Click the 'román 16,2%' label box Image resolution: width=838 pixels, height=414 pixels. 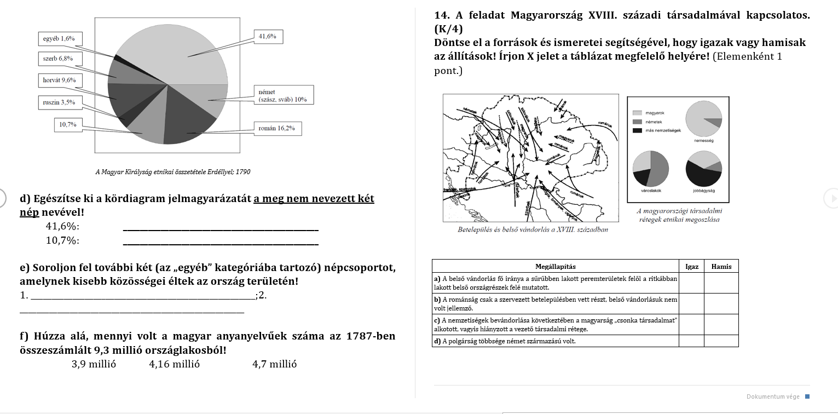tap(278, 128)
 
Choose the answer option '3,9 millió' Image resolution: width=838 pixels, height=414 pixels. tap(94, 364)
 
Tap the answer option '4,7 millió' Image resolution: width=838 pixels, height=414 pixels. tap(274, 364)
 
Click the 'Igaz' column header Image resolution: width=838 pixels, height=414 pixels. tap(692, 267)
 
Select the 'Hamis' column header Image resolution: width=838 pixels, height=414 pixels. tap(721, 267)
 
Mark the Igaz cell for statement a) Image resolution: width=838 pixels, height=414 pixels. tap(692, 283)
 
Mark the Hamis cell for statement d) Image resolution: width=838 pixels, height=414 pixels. tap(721, 341)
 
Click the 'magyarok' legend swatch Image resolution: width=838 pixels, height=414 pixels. tap(637, 113)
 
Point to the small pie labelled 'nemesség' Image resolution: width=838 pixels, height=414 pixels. tap(703, 119)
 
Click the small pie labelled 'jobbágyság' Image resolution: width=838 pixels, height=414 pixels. tap(703, 168)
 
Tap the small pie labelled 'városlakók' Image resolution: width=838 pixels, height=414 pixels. tap(651, 168)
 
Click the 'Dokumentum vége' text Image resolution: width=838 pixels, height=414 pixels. tap(772, 396)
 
